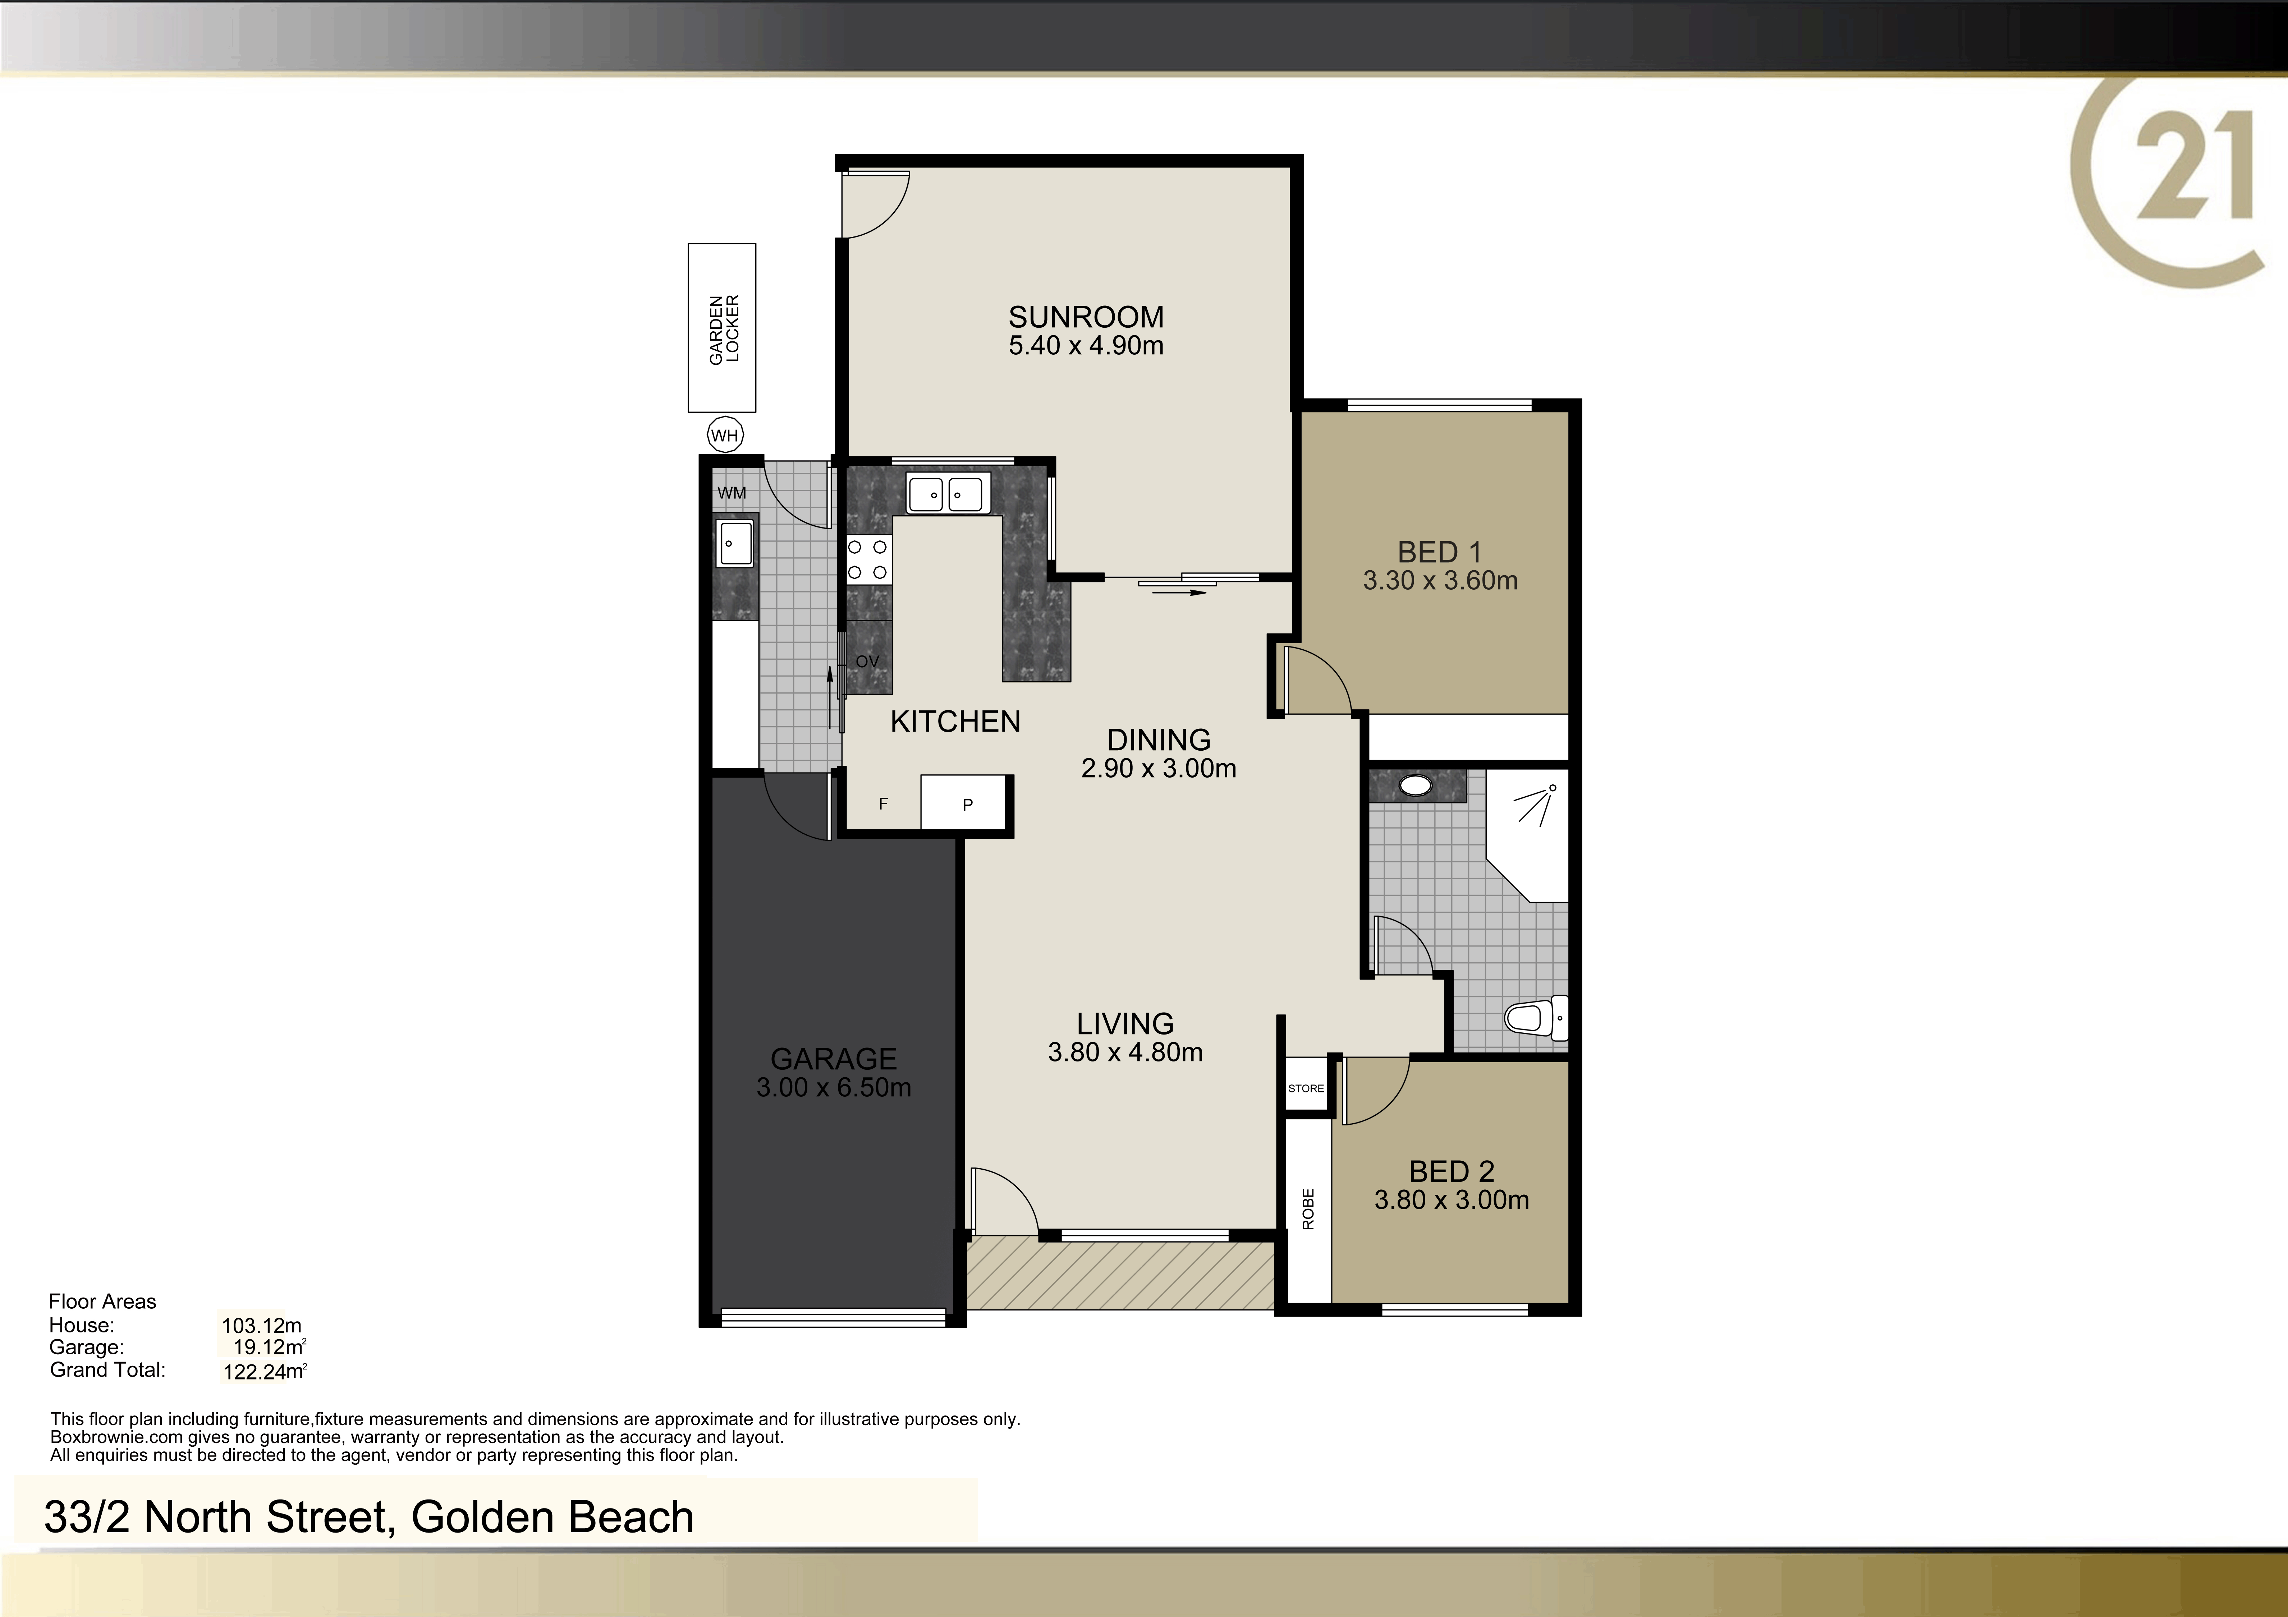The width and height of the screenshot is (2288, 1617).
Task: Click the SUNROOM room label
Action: (1086, 317)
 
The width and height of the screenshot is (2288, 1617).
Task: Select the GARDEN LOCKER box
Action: (721, 328)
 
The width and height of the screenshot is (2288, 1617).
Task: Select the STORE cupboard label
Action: (1306, 1088)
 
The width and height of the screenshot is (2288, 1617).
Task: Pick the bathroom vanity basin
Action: (1415, 785)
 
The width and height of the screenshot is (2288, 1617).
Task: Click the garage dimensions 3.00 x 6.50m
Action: (834, 1087)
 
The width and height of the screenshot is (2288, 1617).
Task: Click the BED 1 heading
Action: (1440, 552)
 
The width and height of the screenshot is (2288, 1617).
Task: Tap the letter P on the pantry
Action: (968, 805)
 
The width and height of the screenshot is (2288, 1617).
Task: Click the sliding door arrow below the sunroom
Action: (1179, 593)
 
